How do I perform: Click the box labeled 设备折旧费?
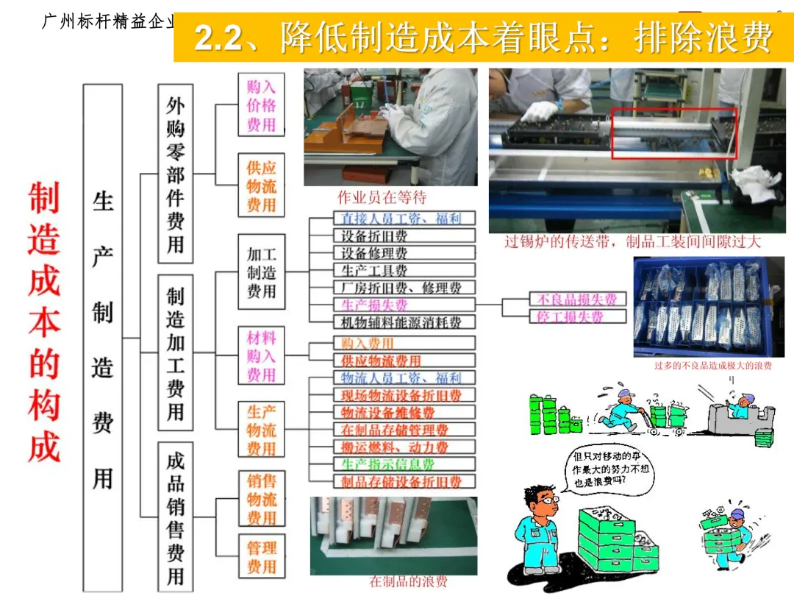tap(393, 236)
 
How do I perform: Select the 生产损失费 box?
tap(393, 305)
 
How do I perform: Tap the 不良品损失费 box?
tap(577, 299)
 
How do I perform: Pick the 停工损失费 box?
tap(577, 317)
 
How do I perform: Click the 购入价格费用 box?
tap(261, 105)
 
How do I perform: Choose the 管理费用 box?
tap(261, 557)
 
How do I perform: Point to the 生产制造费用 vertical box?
tap(103, 338)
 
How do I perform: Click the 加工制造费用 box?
tap(261, 273)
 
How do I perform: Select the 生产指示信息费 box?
tap(393, 464)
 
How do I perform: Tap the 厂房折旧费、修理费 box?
tap(393, 288)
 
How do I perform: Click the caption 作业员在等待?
tap(382, 197)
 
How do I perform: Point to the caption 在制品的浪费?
tap(408, 581)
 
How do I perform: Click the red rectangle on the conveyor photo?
tap(673, 133)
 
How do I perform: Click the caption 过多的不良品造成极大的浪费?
tap(713, 366)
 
